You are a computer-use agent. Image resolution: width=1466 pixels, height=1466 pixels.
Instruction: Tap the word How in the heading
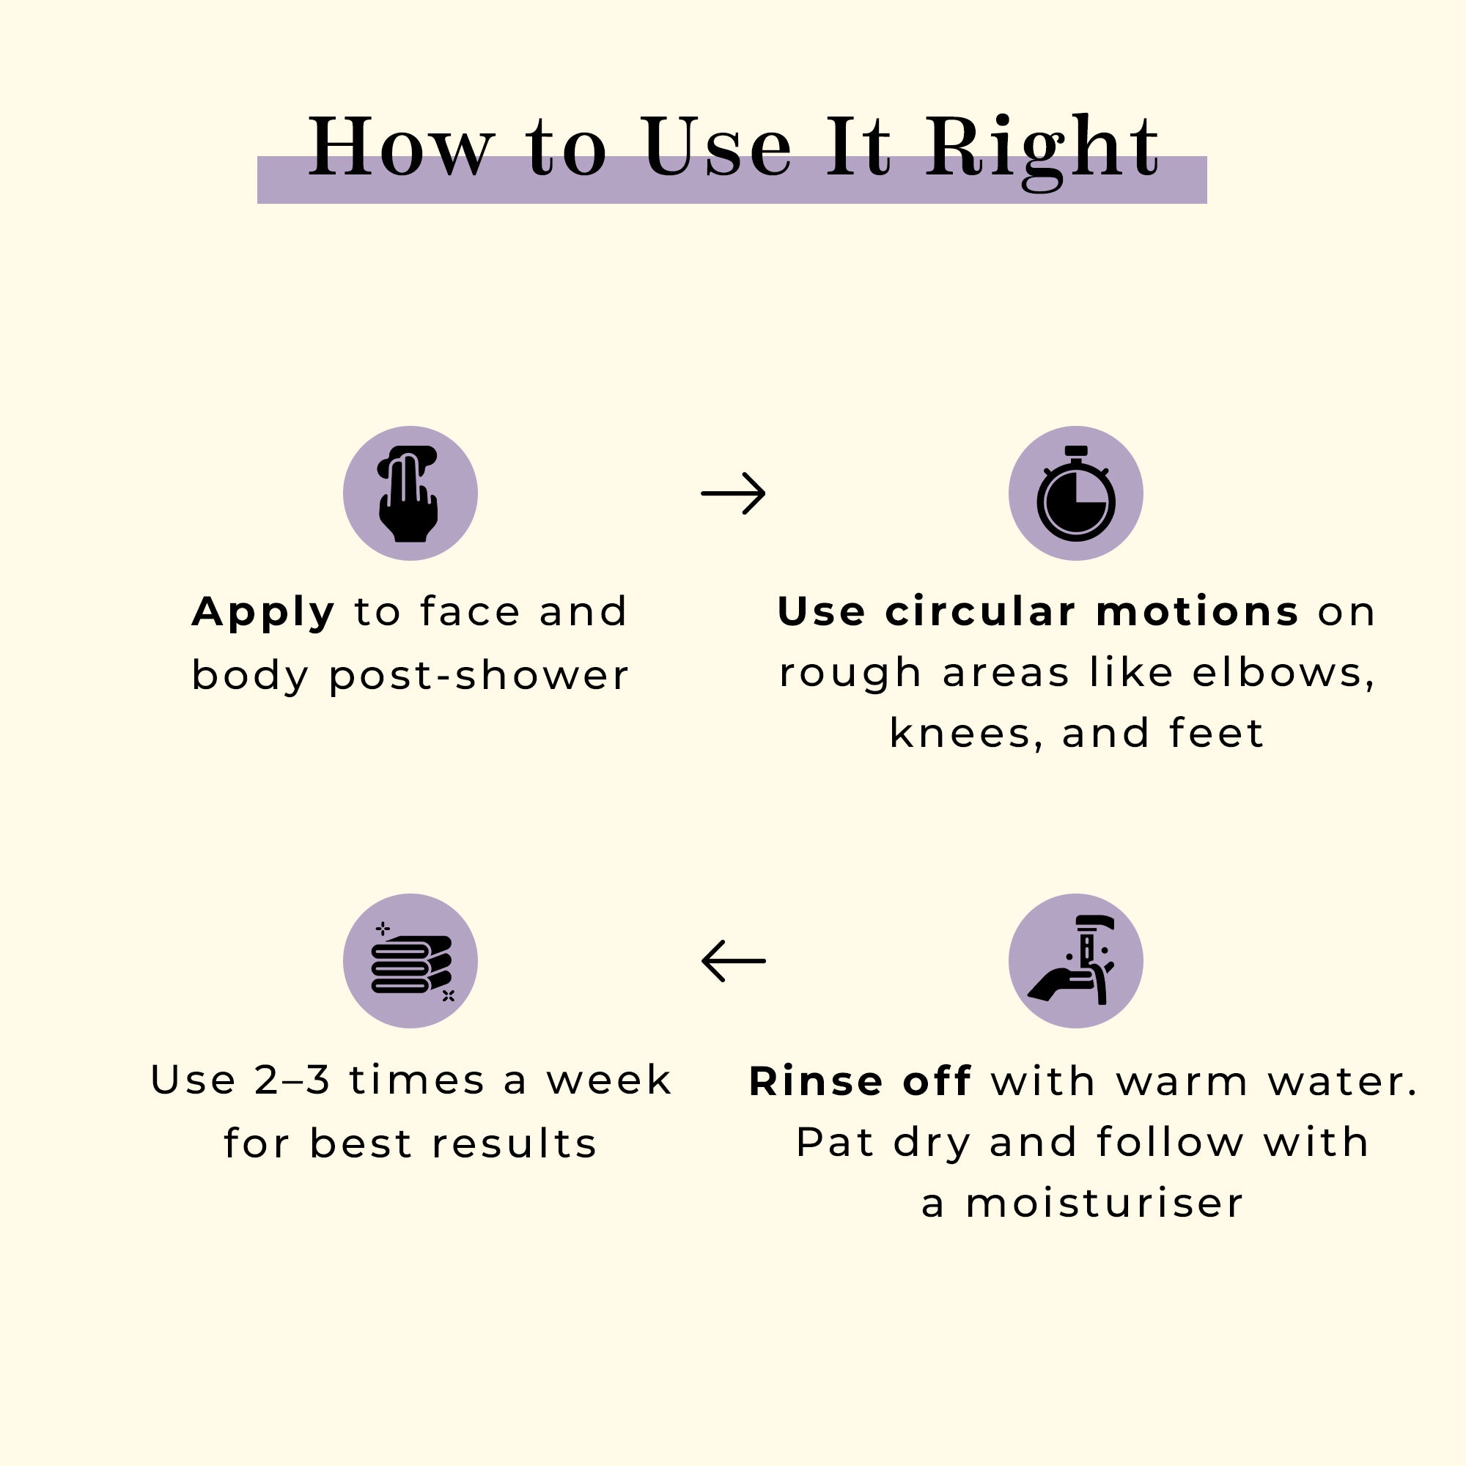pyautogui.click(x=402, y=147)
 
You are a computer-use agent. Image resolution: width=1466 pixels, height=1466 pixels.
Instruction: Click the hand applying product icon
pyautogui.click(x=410, y=493)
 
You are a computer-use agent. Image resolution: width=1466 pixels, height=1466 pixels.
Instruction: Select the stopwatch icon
pyautogui.click(x=1075, y=493)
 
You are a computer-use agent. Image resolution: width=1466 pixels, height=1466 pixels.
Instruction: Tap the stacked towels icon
pyautogui.click(x=410, y=961)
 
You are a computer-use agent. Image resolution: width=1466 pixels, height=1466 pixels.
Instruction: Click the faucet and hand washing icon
pyautogui.click(x=1075, y=961)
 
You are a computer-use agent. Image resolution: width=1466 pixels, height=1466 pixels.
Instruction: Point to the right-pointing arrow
pyautogui.click(x=733, y=493)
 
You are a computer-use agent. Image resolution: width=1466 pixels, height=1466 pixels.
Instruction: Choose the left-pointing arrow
pyautogui.click(x=733, y=961)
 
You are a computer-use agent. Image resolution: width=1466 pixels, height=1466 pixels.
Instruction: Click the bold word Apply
pyautogui.click(x=263, y=613)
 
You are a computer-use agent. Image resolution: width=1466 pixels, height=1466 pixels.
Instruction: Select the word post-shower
pyautogui.click(x=479, y=675)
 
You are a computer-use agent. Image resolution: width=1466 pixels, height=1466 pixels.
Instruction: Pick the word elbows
pyautogui.click(x=1281, y=672)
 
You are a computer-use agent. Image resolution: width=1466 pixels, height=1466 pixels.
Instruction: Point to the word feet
pyautogui.click(x=1216, y=733)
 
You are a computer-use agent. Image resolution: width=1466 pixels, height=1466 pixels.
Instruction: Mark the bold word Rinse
pyautogui.click(x=816, y=1080)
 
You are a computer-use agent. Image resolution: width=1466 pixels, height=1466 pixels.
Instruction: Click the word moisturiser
pyautogui.click(x=1104, y=1204)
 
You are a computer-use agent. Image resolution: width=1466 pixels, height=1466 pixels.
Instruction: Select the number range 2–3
pyautogui.click(x=292, y=1080)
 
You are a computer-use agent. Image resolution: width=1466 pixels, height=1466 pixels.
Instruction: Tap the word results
pyautogui.click(x=515, y=1143)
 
